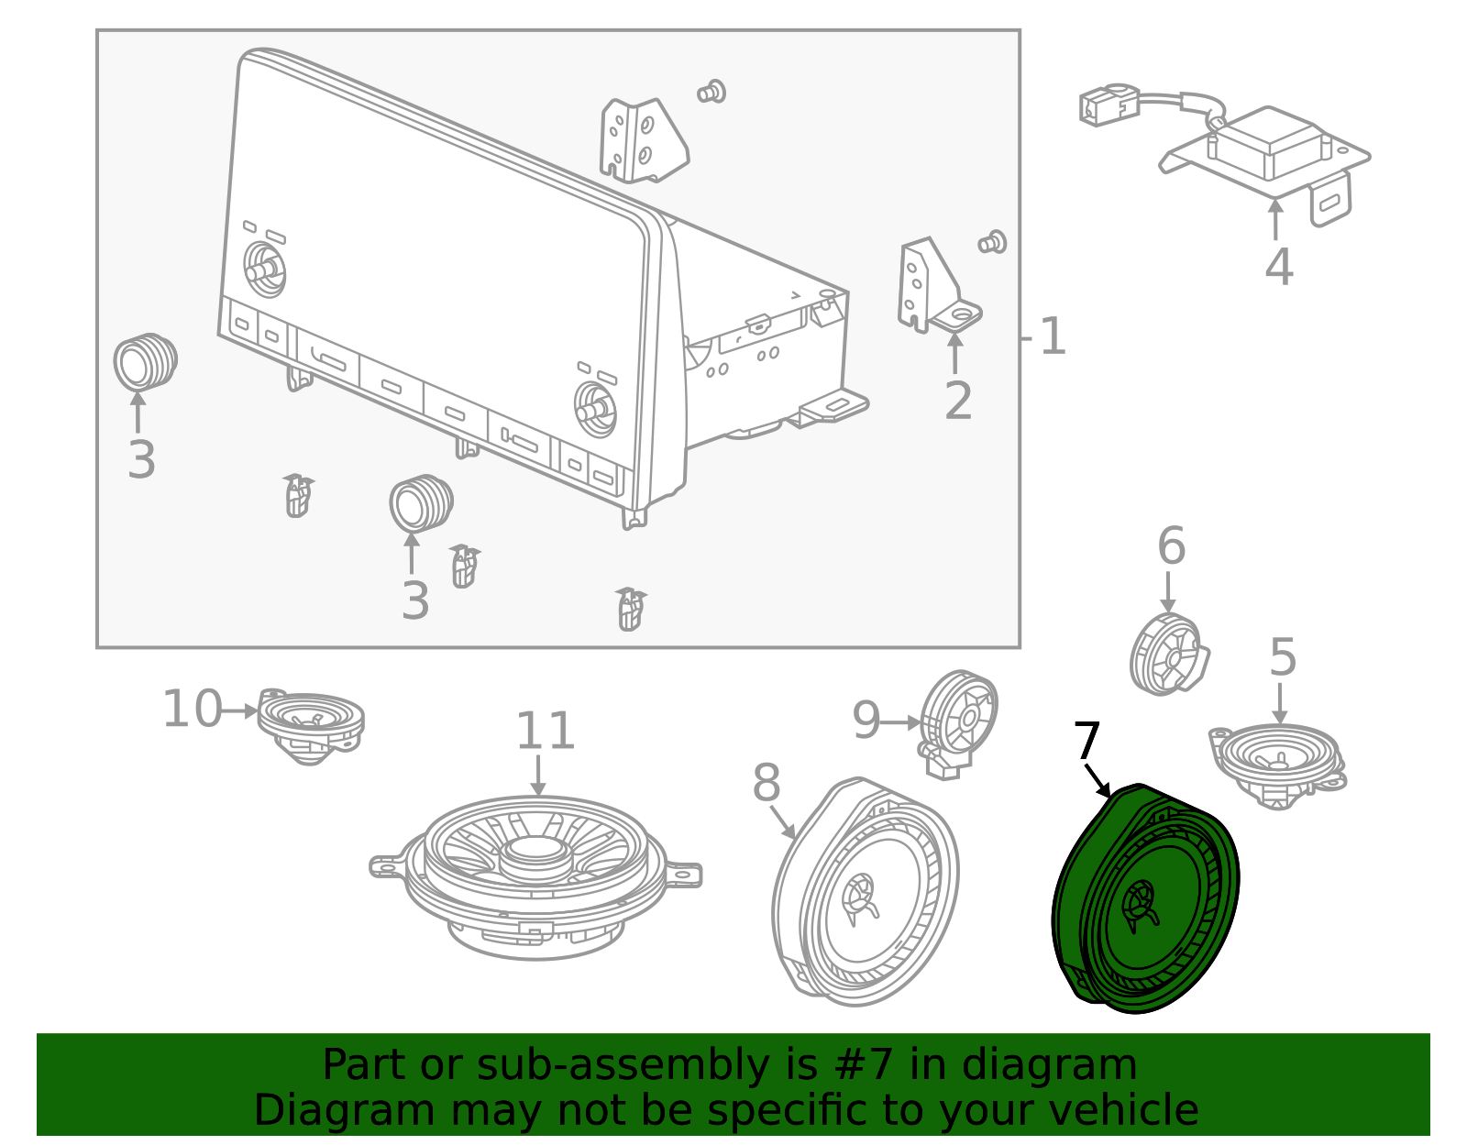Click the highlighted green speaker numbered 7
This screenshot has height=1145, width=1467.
1146,903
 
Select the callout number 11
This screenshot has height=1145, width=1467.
546,732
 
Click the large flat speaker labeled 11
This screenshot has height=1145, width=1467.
536,871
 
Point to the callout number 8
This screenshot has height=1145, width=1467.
767,784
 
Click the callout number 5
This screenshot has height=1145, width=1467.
1283,657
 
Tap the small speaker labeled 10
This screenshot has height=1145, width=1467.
310,724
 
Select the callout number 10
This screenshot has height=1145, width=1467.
192,710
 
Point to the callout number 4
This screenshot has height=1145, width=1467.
1278,267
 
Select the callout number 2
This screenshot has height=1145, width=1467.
958,402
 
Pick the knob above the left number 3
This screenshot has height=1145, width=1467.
144,361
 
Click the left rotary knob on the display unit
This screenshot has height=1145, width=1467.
265,269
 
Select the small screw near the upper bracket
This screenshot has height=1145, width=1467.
711,92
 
